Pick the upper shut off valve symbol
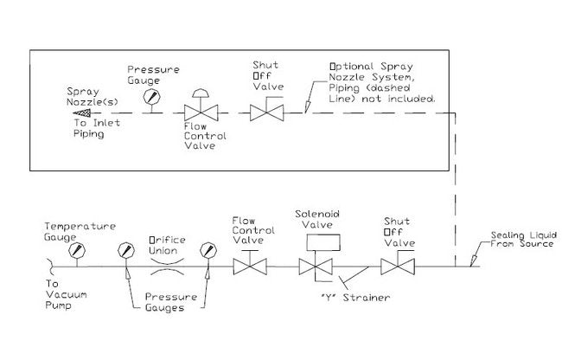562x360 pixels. pyautogui.click(x=265, y=112)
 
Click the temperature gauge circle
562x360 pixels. pyautogui.click(x=80, y=251)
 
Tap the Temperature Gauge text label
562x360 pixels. pyautogui.click(x=80, y=230)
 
